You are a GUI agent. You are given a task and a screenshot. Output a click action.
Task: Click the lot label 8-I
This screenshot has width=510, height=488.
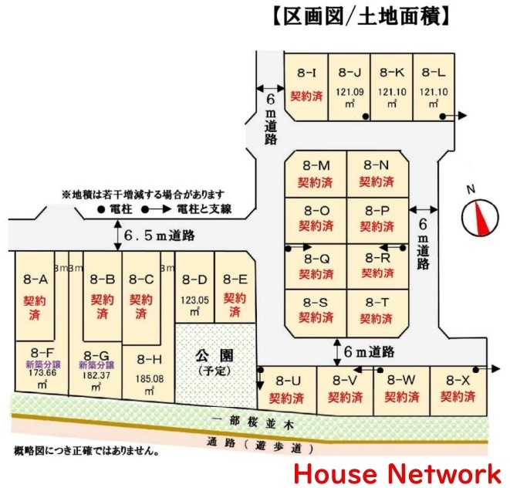pyautogui.click(x=306, y=73)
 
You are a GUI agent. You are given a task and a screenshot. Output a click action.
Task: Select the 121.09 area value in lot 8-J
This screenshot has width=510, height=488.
pyautogui.click(x=350, y=92)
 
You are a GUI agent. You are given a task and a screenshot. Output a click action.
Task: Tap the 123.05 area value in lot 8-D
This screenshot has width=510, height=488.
pyautogui.click(x=195, y=300)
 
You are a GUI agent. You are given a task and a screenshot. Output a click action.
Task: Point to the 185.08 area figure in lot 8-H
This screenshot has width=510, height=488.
pyautogui.click(x=149, y=379)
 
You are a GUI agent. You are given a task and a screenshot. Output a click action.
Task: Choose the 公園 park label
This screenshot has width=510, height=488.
pyautogui.click(x=214, y=355)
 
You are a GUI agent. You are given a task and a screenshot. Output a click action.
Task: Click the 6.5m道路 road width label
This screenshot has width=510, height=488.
pyautogui.click(x=160, y=236)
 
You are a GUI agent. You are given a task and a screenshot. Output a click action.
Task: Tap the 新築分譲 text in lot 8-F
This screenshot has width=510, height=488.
pyautogui.click(x=43, y=364)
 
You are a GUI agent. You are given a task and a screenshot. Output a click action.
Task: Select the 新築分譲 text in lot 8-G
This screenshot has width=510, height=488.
pyautogui.click(x=96, y=365)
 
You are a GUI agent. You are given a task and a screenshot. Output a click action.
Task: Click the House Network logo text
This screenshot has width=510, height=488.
pyautogui.click(x=398, y=474)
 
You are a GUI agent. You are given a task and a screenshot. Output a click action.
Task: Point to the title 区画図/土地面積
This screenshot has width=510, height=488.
pyautogui.click(x=360, y=17)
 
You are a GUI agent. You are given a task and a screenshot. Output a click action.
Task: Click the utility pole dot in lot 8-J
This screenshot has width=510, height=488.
pyautogui.click(x=366, y=117)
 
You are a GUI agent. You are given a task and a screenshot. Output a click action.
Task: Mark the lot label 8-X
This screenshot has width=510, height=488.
pyautogui.click(x=458, y=380)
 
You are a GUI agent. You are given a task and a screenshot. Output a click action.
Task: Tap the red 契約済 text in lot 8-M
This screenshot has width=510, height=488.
pyautogui.click(x=315, y=182)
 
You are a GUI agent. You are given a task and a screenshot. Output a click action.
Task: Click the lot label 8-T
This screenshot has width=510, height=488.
pyautogui.click(x=377, y=303)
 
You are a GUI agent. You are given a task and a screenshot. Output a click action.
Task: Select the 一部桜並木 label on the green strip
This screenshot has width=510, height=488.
pyautogui.click(x=252, y=422)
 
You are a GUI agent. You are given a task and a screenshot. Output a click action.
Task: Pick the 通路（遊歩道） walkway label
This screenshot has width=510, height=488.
pyautogui.click(x=260, y=445)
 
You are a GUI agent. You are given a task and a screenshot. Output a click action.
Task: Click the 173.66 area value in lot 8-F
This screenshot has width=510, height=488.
pyautogui.click(x=42, y=373)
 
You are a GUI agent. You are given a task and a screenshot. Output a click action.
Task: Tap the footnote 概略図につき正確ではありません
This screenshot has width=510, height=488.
pyautogui.click(x=86, y=451)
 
